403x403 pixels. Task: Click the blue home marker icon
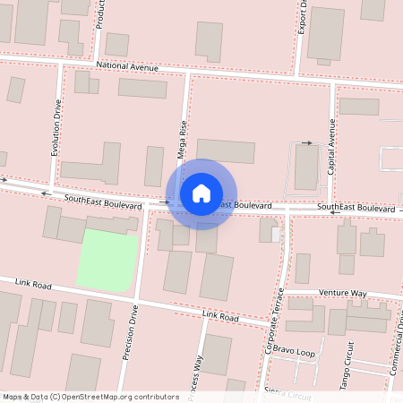click(x=201, y=193)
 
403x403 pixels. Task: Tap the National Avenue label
click(x=126, y=67)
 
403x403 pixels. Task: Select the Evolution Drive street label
click(x=56, y=128)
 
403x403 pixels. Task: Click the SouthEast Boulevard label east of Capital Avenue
click(x=356, y=208)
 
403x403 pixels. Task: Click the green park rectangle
click(x=107, y=259)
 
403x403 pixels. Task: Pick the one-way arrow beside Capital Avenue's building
click(x=307, y=142)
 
